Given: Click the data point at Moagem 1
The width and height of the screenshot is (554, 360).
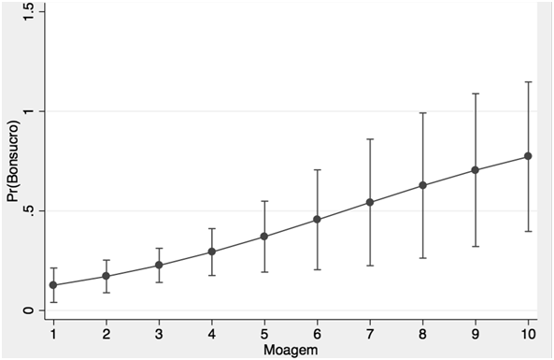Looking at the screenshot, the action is pos(53,285).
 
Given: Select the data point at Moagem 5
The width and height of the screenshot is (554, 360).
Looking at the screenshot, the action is pos(264,237).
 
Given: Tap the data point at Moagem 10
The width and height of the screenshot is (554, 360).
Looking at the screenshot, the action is pos(528,156).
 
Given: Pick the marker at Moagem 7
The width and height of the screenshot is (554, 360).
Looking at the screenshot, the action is pos(370,202).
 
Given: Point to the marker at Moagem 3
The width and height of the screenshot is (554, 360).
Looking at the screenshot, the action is pos(159,265).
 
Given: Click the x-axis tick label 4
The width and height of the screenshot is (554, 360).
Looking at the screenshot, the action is pos(212,334).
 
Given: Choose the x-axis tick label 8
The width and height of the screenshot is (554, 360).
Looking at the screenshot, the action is pos(422,334).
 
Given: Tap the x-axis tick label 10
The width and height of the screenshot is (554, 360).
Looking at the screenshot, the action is pos(528,334).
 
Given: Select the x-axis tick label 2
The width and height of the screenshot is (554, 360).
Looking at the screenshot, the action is pos(106,334).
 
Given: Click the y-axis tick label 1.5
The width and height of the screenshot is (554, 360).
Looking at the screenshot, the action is pos(29,12).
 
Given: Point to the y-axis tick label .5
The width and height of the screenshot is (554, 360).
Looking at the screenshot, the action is pos(29,211).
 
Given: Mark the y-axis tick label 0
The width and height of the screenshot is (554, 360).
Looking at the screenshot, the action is pos(29,310).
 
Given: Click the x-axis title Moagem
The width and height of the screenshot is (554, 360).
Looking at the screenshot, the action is pos(291,350).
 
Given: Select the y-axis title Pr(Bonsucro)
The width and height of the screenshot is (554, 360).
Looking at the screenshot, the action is pos(13,161).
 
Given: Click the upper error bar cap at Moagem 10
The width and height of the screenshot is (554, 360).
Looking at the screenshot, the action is pos(528,82).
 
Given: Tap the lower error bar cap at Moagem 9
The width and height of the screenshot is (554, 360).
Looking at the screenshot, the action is pos(476,246).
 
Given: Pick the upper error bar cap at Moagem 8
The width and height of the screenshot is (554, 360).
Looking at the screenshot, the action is pos(422,113).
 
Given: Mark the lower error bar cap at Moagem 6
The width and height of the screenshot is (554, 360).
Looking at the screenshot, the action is pos(317,269).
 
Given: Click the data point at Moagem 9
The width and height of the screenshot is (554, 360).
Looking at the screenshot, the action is pos(476,170).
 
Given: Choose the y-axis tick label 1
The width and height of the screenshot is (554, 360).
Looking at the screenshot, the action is pos(29,111).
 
